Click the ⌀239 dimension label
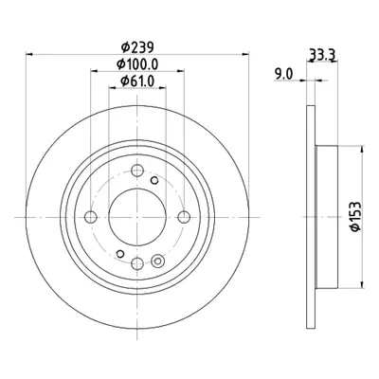click(x=137, y=47)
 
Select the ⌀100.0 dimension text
click(x=137, y=64)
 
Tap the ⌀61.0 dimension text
click(x=137, y=81)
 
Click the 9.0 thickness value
click(x=283, y=75)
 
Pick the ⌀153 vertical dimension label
click(x=355, y=217)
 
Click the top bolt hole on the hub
click(x=137, y=171)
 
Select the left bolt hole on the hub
click(x=91, y=217)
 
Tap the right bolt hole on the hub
click(x=184, y=217)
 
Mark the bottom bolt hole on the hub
click(x=137, y=263)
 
